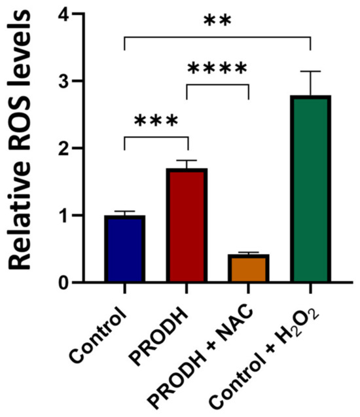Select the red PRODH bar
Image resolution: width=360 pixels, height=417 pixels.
coord(187,226)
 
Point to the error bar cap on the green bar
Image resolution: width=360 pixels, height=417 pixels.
coord(311,71)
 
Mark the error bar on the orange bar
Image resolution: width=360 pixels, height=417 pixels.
coord(249,253)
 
